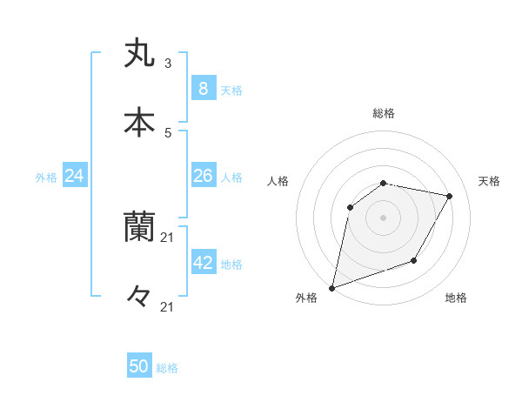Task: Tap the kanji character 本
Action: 139,123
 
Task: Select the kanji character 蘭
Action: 139,227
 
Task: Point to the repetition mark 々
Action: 139,297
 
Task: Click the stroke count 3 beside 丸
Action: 167,63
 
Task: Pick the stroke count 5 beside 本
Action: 167,133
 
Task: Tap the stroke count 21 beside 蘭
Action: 168,238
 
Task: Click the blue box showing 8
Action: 203,89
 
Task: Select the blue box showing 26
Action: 203,176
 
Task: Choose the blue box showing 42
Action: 203,263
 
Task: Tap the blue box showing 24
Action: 75,176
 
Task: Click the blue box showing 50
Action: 139,366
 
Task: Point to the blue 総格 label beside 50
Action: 167,368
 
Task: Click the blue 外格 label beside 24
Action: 46,178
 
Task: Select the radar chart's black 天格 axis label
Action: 489,181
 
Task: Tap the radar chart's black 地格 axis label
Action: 456,298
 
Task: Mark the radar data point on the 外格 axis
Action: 331,287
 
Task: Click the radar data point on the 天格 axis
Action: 449,197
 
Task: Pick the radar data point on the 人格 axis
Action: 351,207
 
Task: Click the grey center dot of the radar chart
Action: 383,218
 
